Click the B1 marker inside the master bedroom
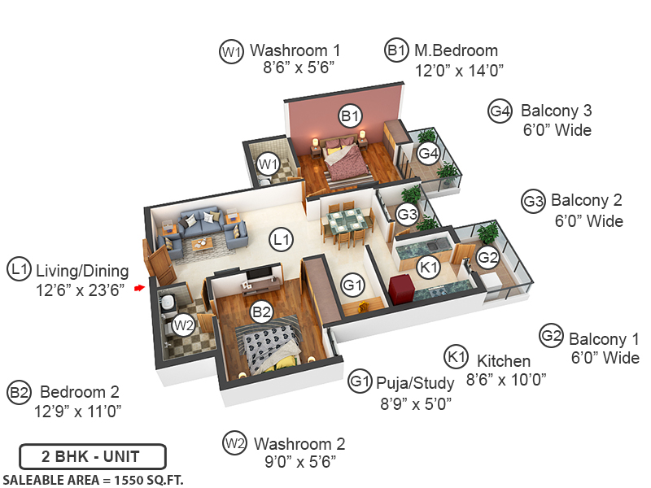(351, 117)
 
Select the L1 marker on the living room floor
(282, 240)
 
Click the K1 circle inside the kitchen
(428, 266)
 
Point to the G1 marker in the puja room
(352, 285)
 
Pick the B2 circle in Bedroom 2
(261, 311)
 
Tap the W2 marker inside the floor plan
(185, 325)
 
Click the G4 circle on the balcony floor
(428, 152)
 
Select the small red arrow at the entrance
(139, 287)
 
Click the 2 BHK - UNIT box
(93, 455)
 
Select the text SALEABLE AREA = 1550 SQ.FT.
(93, 479)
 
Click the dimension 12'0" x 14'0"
(459, 71)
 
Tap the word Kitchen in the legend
(504, 360)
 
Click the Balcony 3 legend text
(557, 111)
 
